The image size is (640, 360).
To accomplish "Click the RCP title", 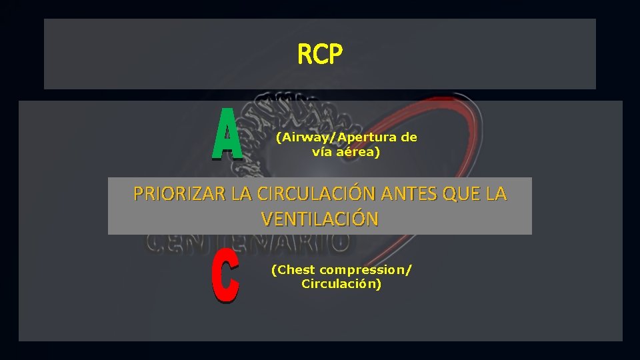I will point(320,55).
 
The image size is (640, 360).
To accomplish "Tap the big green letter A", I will point(227,135).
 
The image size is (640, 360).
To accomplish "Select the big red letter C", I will point(225,281).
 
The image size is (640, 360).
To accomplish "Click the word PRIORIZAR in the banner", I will point(179,194).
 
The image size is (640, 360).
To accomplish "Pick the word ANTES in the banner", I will point(402,194).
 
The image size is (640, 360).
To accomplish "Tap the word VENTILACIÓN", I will point(320,219).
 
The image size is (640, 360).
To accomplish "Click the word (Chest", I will point(293,270).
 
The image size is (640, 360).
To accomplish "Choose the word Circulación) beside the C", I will point(341,284).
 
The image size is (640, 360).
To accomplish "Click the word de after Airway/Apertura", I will point(409,138).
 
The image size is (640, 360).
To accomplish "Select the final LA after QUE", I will point(496,194).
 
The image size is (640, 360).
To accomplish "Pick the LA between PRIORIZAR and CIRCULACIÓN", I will point(241,194).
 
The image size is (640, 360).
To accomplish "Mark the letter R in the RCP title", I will point(305,55).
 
